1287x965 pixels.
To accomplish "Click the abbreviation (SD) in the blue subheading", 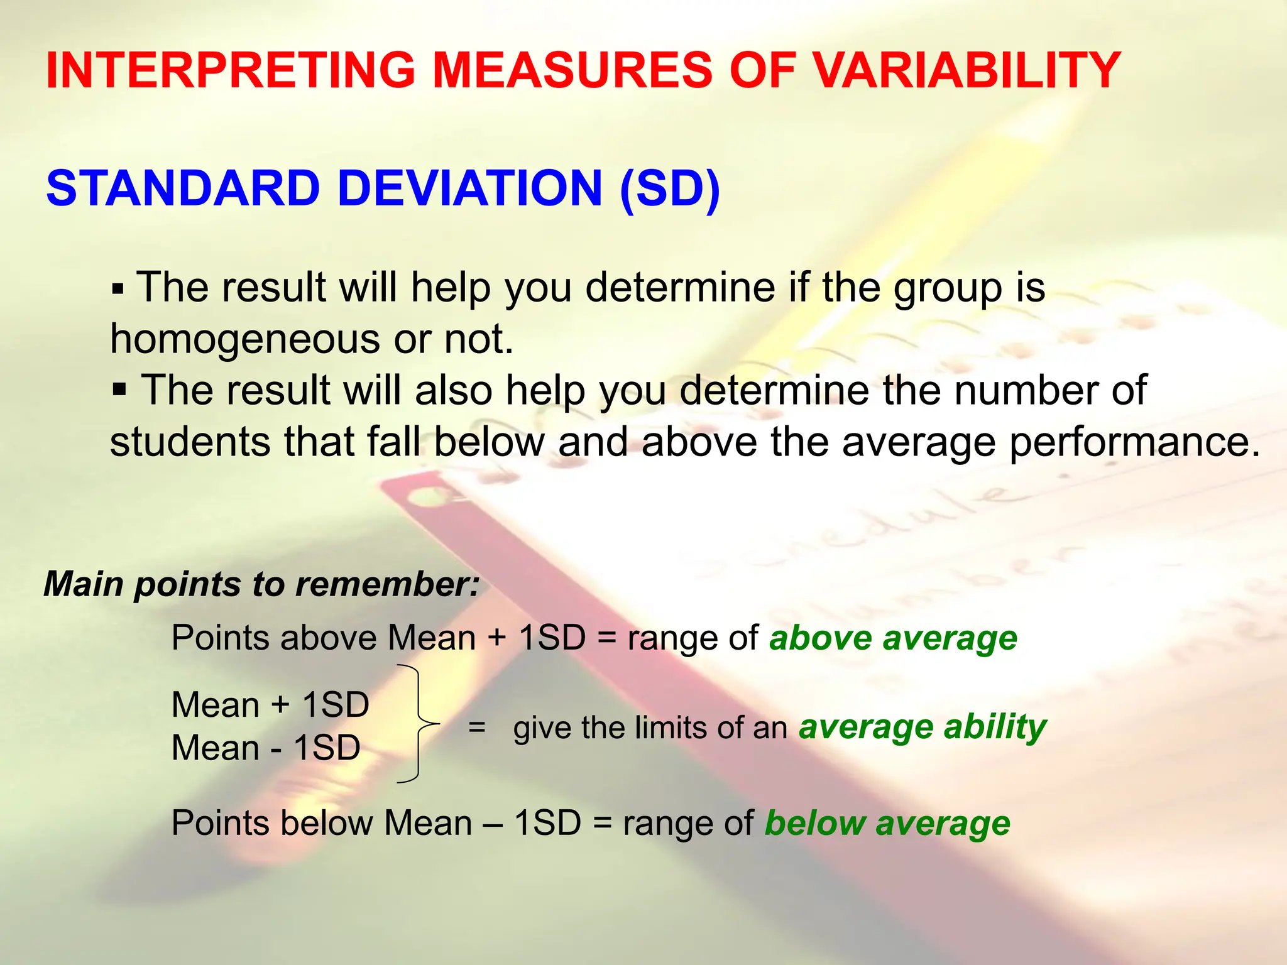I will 669,188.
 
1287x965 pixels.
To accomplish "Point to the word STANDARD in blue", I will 183,188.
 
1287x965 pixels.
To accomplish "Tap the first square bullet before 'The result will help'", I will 118,290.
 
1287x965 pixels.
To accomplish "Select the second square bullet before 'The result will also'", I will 119,390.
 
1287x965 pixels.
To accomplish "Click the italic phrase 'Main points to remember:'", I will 261,584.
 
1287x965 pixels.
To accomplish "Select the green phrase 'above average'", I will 893,638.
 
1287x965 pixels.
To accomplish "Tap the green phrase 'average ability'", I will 922,728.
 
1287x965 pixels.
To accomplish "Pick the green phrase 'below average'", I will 887,823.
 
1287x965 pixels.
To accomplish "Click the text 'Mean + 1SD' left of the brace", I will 270,705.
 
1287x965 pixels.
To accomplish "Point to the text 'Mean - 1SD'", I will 266,748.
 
